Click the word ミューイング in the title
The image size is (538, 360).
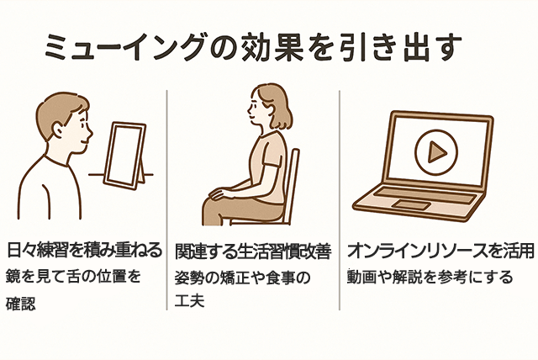pos(125,47)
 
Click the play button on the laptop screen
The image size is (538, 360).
pos(436,151)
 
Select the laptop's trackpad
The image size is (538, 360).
pos(411,205)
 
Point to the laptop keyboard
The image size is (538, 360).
pos(425,195)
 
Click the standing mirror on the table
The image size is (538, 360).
pos(125,156)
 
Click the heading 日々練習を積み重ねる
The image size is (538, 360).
pos(84,250)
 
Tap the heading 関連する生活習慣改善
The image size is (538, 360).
pos(253,251)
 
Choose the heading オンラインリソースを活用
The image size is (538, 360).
pos(440,251)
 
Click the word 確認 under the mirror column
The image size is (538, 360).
pos(20,304)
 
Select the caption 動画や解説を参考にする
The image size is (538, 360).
pos(430,278)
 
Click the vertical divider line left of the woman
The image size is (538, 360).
pos(167,200)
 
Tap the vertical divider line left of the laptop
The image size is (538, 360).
pos(340,200)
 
